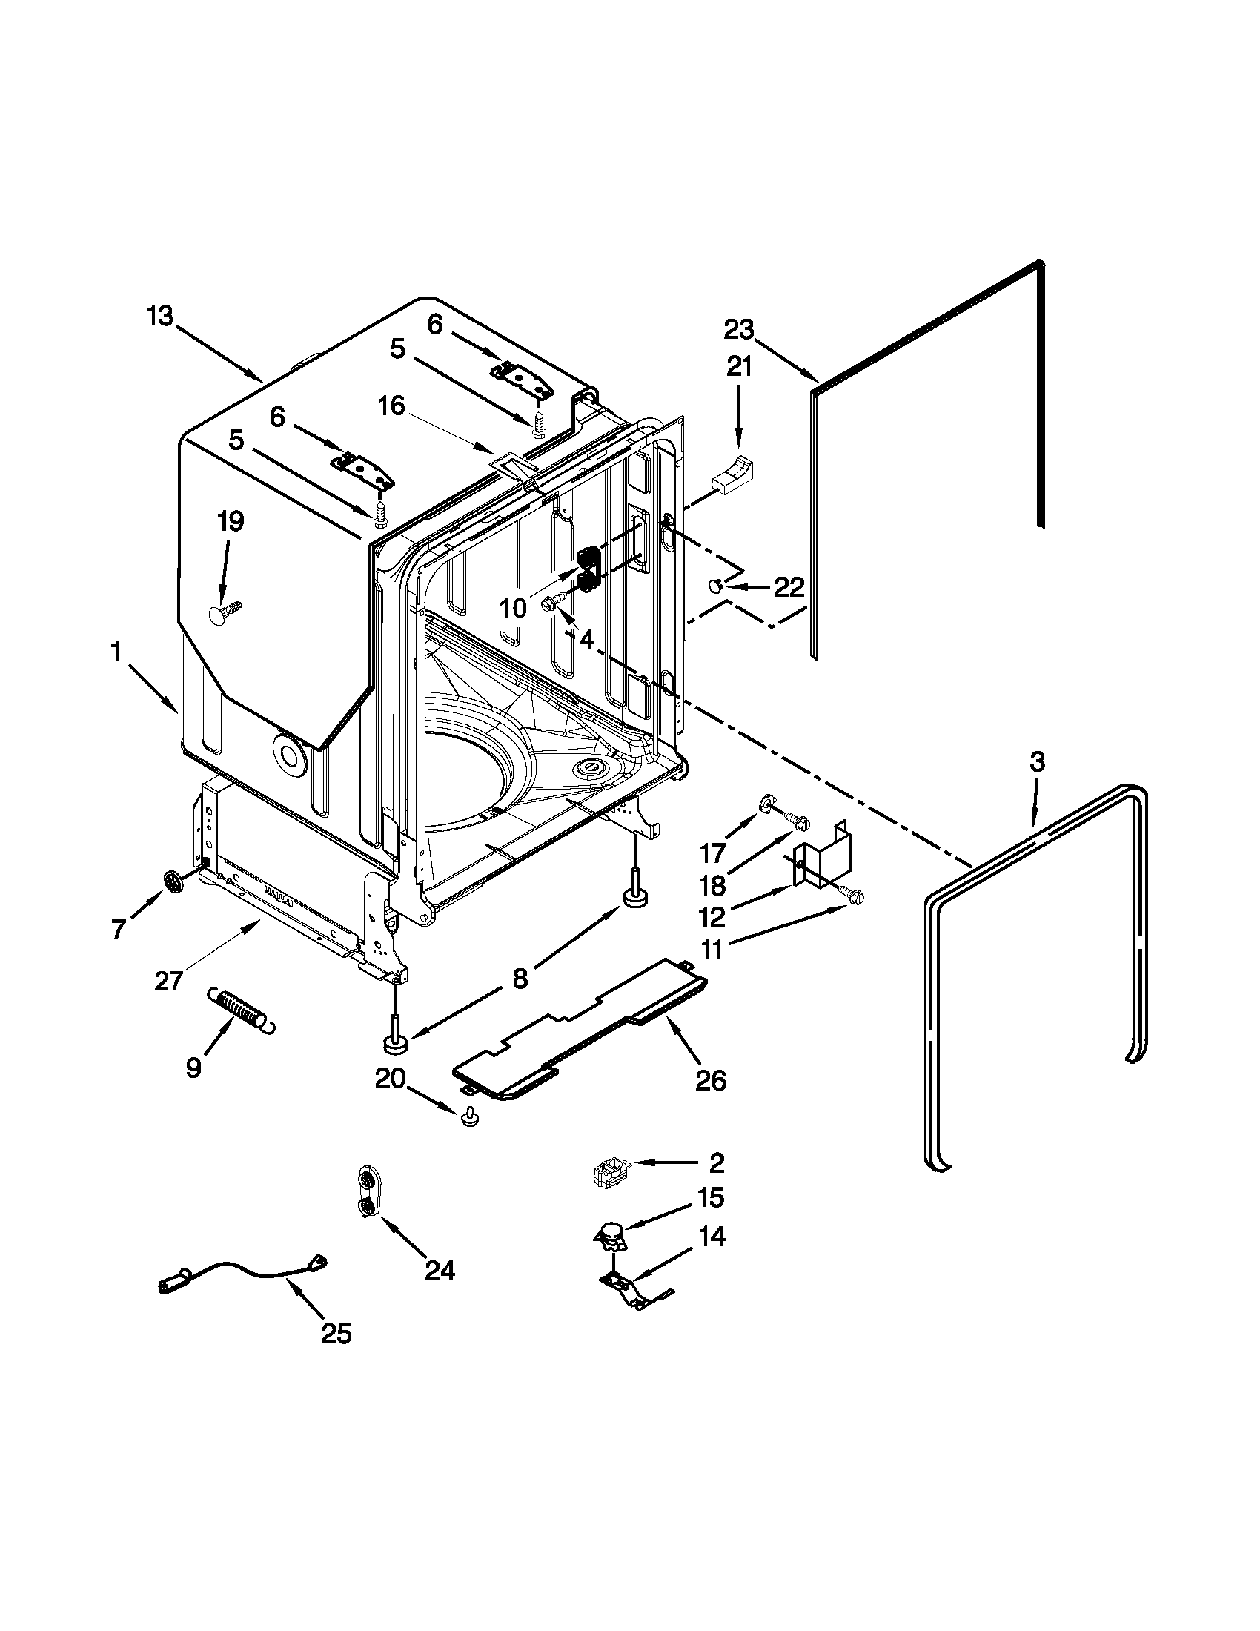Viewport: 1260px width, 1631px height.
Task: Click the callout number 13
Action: tap(160, 317)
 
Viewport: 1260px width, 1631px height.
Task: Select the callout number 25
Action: tap(336, 1333)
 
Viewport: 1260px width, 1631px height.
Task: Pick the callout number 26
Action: tap(711, 1079)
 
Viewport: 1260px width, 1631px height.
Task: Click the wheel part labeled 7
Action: tap(174, 881)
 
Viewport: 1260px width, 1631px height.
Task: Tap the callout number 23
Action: tap(739, 329)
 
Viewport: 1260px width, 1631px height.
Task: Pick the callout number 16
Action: tap(391, 406)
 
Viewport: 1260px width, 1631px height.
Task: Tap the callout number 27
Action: tap(170, 980)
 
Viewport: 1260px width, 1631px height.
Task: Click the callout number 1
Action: tap(116, 652)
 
